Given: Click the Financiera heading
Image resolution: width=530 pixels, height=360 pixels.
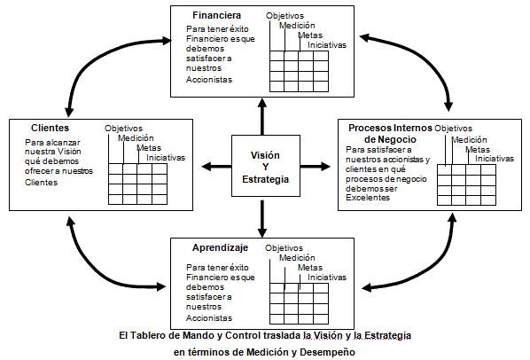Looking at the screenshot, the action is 216,15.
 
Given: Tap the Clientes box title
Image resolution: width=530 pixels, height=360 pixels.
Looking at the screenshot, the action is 50,128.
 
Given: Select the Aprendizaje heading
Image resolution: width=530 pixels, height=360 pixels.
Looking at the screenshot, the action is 220,247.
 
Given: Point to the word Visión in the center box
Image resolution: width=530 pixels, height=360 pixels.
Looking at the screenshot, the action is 265,155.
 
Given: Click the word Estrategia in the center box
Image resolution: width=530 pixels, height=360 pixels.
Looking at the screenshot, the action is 265,179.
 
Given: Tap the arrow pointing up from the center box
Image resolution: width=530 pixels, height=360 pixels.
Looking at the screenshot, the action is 262,117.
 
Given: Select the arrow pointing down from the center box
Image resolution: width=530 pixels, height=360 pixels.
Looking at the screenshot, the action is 262,219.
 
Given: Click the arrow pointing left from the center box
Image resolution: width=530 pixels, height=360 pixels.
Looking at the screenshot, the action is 216,167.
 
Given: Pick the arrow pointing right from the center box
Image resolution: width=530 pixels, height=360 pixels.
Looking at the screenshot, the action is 315,167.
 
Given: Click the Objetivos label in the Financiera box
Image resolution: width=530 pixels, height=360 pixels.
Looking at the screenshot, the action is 284,16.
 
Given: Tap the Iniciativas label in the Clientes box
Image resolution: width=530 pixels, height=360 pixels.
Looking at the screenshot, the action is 166,158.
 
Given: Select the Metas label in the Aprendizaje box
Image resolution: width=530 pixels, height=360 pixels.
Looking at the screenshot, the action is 310,268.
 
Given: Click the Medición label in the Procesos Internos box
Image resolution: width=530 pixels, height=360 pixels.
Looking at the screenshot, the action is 469,139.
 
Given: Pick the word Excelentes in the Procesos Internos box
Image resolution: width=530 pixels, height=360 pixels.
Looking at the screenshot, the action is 368,198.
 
